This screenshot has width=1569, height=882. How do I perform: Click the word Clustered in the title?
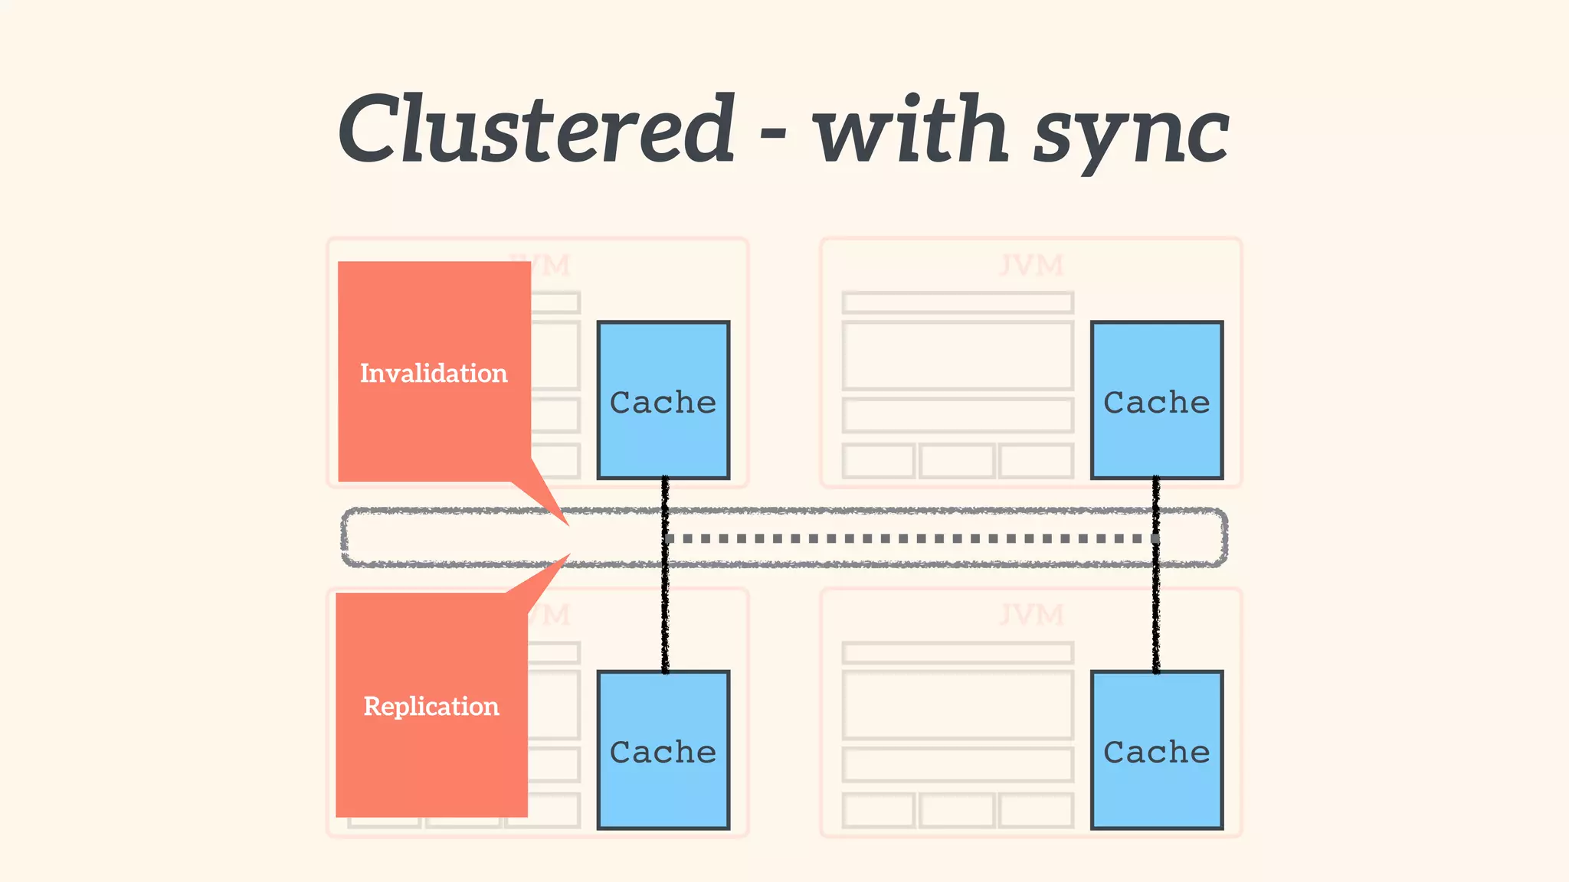tap(536, 129)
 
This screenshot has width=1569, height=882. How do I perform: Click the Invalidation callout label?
tap(434, 373)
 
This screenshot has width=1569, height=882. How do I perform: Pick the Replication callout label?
tap(431, 706)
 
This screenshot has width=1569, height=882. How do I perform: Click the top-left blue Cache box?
tap(663, 400)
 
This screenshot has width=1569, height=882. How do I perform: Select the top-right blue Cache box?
tap(1156, 400)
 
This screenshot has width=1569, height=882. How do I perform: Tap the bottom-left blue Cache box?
tap(663, 750)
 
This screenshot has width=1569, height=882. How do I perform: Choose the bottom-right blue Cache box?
tap(1156, 750)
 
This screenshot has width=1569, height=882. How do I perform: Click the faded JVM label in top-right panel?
tap(1031, 266)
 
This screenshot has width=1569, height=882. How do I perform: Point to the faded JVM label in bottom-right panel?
tap(1031, 615)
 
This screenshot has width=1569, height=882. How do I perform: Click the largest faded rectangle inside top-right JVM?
tap(957, 356)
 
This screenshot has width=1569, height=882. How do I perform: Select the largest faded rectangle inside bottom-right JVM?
tap(957, 705)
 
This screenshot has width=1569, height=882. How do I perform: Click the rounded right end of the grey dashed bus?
tap(1225, 537)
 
